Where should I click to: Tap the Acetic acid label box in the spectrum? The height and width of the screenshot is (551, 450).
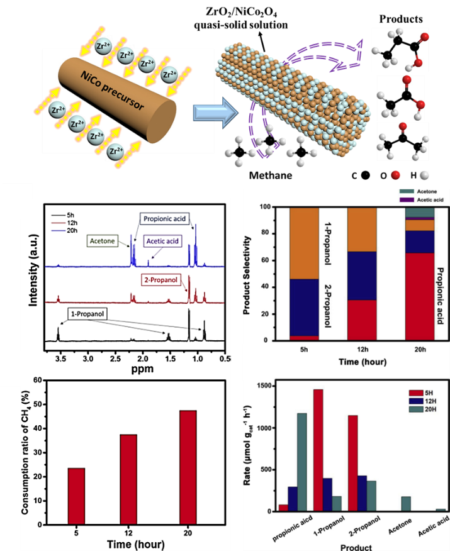pyautogui.click(x=164, y=240)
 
